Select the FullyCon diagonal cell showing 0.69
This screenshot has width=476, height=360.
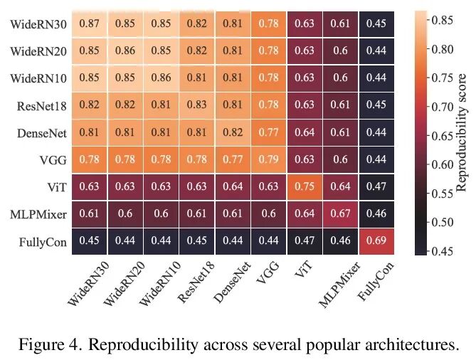pyautogui.click(x=377, y=242)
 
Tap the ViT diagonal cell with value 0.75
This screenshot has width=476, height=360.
pyautogui.click(x=305, y=187)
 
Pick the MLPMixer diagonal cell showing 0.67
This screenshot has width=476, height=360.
pyautogui.click(x=341, y=215)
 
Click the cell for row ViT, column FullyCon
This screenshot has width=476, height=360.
pyautogui.click(x=377, y=187)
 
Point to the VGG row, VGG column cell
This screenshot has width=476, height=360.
pyautogui.click(x=268, y=159)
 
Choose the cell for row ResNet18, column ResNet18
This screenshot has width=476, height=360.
pyautogui.click(x=196, y=105)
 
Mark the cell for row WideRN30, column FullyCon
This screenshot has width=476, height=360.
pyautogui.click(x=377, y=23)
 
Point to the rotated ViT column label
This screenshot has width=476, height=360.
pyautogui.click(x=302, y=273)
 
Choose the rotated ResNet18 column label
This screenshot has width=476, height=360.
pyautogui.click(x=196, y=285)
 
